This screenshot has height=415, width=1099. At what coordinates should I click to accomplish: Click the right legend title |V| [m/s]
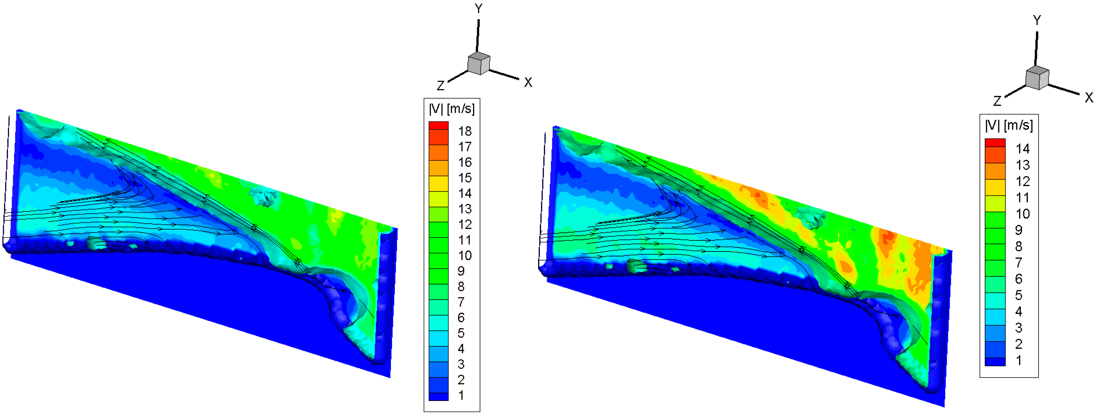[x=1009, y=125]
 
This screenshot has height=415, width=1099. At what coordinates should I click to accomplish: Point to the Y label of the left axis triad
[x=479, y=9]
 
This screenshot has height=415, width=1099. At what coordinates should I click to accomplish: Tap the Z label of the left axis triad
[x=441, y=86]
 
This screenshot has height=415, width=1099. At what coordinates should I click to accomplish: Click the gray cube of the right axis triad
[x=1037, y=78]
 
